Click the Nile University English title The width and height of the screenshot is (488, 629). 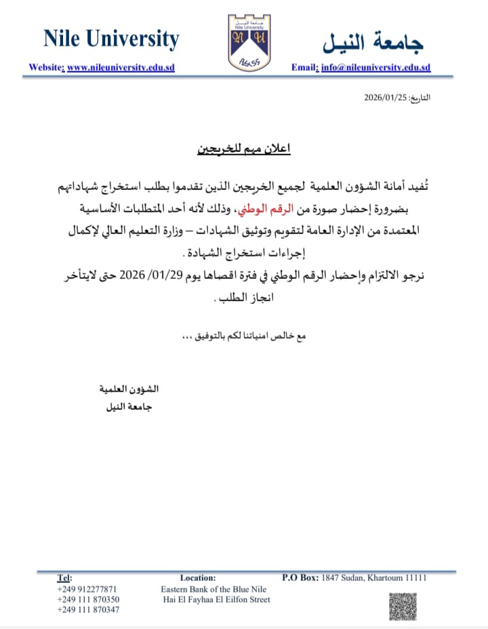111,39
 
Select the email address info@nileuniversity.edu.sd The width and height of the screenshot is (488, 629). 375,68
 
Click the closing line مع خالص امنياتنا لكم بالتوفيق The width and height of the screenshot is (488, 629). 244,337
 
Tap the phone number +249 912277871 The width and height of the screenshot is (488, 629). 87,589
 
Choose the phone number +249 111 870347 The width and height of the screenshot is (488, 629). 88,610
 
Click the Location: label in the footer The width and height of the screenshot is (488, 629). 198,578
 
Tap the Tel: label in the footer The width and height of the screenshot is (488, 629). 64,578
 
